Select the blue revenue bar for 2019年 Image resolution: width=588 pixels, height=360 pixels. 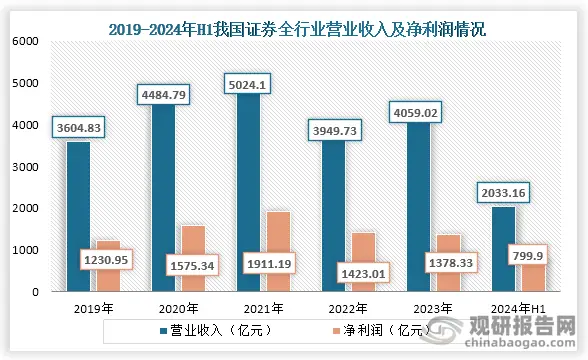78,220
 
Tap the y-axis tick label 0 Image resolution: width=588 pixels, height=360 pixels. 33,292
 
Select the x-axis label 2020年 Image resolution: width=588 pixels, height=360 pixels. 179,308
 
